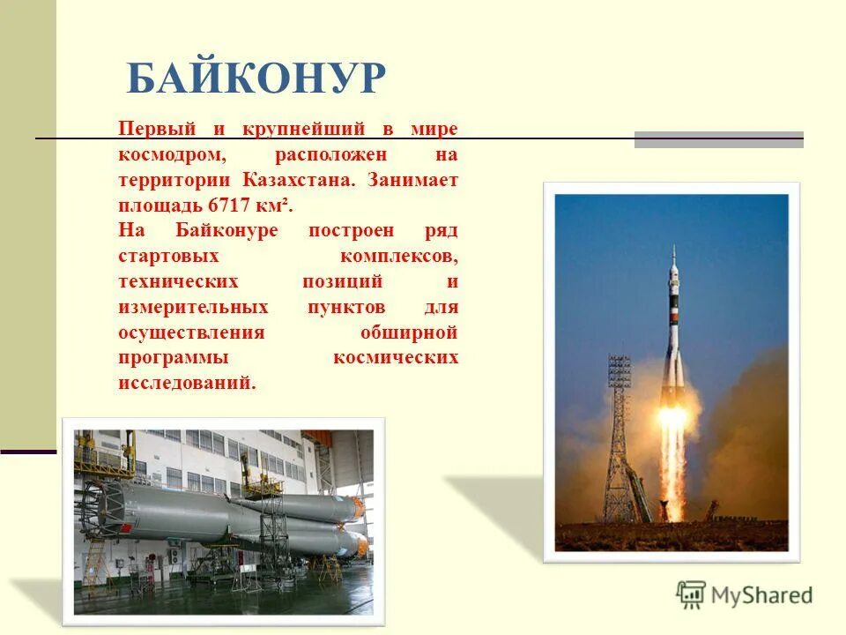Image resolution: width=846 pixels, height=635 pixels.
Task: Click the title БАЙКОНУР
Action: tap(256, 78)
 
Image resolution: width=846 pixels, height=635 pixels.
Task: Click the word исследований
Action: tap(186, 384)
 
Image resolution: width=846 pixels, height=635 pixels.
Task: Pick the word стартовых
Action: tap(167, 257)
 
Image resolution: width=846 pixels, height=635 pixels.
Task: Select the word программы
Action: tap(173, 358)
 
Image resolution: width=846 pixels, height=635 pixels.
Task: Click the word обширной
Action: tap(409, 333)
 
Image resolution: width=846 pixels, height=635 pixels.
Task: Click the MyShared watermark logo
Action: tap(745, 594)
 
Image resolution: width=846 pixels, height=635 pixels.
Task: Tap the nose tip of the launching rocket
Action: tap(673, 250)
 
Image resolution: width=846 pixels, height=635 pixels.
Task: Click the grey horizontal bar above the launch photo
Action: tap(718, 138)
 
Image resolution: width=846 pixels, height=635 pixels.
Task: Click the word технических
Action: tap(179, 282)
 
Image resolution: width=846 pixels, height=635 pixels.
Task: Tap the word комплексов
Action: tap(397, 257)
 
